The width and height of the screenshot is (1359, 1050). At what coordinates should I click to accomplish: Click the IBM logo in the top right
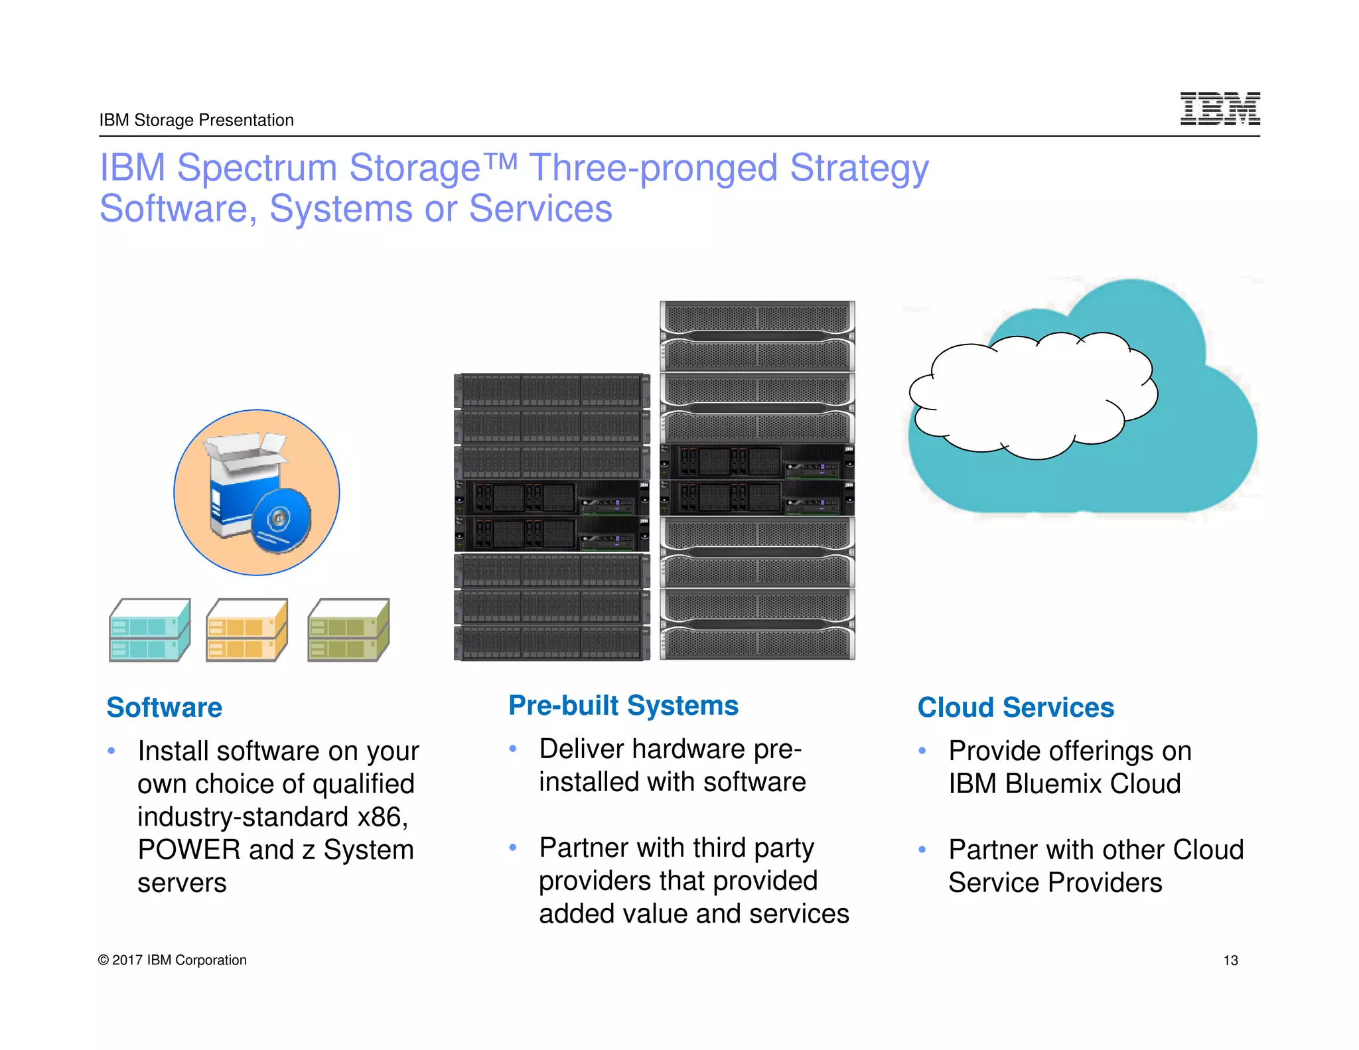tap(1220, 108)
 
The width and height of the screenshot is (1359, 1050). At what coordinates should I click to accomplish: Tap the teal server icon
tap(149, 630)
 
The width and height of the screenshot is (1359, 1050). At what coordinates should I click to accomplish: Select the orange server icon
tap(247, 630)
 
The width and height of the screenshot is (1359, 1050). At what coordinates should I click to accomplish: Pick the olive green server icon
tap(348, 630)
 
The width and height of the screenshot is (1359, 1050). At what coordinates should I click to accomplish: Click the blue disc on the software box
tap(281, 520)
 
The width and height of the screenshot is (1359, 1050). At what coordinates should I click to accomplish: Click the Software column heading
tap(164, 708)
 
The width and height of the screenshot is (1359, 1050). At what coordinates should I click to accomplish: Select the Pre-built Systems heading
tap(623, 706)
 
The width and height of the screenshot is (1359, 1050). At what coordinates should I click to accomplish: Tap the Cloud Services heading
tap(1015, 708)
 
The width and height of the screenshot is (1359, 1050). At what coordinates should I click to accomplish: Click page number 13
tap(1230, 960)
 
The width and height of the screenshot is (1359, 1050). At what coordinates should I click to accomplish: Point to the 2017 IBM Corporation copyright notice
tap(172, 960)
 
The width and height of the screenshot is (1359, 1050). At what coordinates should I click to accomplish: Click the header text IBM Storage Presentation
tap(196, 120)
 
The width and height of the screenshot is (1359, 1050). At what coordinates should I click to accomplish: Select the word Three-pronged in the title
tap(653, 167)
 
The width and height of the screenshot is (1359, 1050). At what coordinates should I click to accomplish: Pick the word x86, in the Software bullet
tap(382, 817)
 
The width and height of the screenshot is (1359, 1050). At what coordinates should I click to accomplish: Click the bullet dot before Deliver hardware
tap(513, 749)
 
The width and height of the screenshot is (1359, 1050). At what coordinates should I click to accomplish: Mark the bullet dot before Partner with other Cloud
tap(922, 850)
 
